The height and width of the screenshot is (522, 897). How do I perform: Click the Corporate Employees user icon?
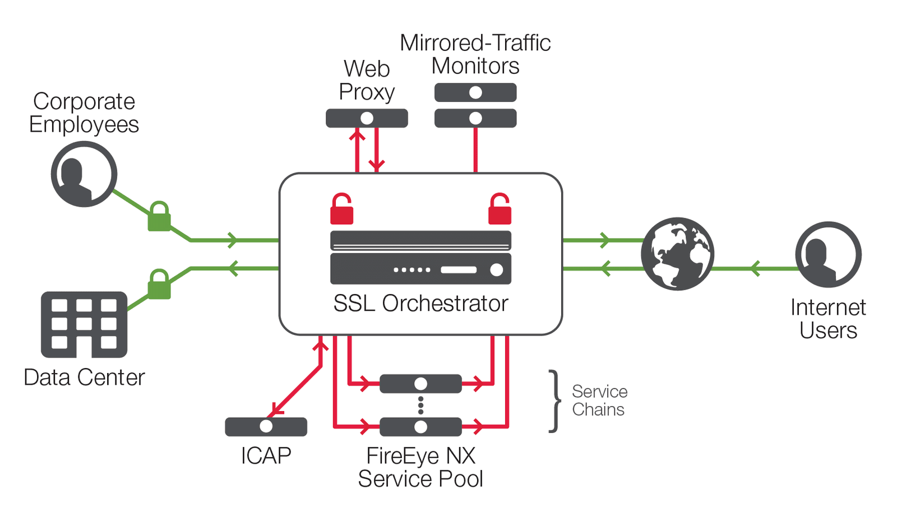(84, 174)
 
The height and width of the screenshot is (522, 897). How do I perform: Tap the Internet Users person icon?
(828, 254)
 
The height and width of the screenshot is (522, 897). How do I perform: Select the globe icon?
(677, 254)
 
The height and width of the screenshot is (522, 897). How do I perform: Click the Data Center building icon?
(84, 324)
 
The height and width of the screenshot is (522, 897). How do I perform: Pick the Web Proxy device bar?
(367, 118)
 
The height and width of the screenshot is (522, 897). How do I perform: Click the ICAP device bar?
(266, 427)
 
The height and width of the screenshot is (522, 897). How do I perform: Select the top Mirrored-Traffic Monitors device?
(475, 92)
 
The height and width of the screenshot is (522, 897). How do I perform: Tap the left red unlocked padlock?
(341, 209)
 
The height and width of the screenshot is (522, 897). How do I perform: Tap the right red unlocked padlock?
(500, 209)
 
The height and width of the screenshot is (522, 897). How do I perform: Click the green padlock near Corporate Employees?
(159, 217)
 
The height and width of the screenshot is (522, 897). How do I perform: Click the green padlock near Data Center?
(159, 285)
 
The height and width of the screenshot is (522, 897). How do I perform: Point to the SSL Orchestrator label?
(420, 304)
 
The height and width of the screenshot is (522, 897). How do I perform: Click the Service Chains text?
(599, 400)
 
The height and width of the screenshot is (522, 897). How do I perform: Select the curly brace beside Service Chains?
(554, 401)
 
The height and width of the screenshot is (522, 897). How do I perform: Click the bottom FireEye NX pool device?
(420, 427)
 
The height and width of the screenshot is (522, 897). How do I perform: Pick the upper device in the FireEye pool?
(420, 384)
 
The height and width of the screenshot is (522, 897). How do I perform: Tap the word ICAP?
(266, 456)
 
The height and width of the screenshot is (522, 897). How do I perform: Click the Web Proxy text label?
(367, 81)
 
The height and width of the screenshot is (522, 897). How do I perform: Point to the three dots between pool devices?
(420, 406)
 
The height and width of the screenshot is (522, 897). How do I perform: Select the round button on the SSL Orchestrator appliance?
(496, 270)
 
